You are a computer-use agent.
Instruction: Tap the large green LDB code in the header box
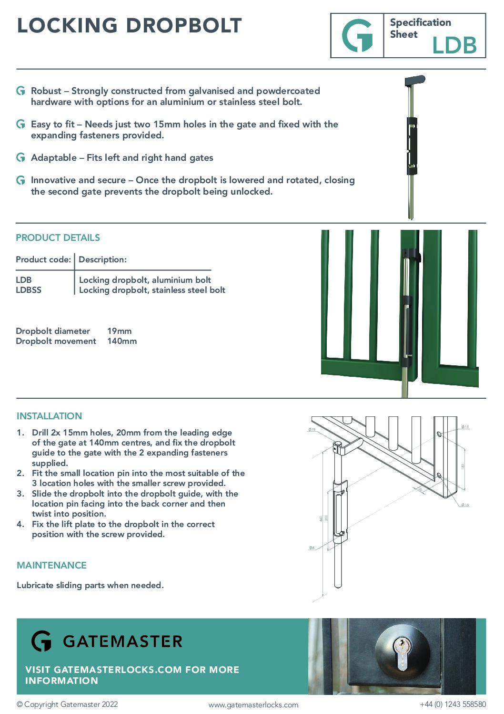454,46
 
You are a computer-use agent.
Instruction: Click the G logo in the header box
357,36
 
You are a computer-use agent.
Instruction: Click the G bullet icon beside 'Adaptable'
20,157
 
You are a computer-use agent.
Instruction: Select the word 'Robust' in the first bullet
46,91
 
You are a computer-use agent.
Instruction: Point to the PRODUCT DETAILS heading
58,238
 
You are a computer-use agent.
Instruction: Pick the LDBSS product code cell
29,290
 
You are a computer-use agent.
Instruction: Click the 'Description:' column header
102,259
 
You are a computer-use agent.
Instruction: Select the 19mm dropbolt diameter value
119,331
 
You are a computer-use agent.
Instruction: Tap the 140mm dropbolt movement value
122,341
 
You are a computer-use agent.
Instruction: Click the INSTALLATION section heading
49,416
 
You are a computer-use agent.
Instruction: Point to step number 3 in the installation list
20,494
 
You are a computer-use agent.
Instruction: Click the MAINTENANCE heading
51,565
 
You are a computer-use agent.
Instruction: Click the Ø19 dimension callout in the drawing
312,430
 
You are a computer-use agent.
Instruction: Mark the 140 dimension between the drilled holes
462,466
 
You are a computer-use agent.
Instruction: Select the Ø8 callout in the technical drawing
312,548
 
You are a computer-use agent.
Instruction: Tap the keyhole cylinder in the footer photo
403,655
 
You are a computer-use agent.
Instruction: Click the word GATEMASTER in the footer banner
122,642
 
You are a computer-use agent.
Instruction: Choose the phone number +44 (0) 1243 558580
453,704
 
